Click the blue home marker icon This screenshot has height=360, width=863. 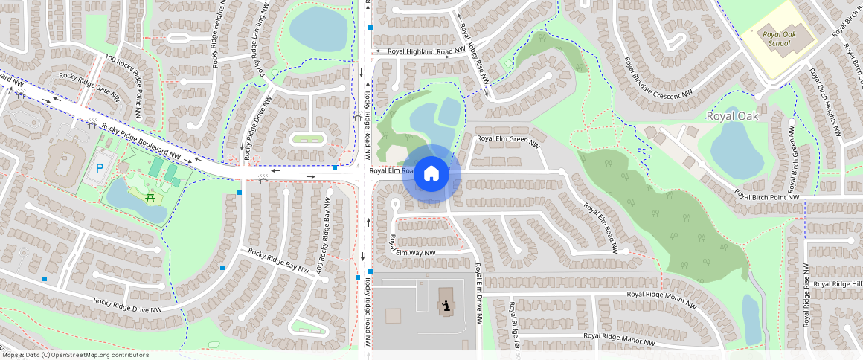431,175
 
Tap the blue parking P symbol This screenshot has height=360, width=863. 99,168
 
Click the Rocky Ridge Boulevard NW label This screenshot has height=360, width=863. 141,141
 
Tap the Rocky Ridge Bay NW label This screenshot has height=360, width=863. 278,263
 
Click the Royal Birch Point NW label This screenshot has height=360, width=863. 766,196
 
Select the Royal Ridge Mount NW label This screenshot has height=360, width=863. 661,298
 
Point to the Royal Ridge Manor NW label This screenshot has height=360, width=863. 619,338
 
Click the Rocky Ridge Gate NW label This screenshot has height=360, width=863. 89,86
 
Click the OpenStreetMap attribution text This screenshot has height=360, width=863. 75,355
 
